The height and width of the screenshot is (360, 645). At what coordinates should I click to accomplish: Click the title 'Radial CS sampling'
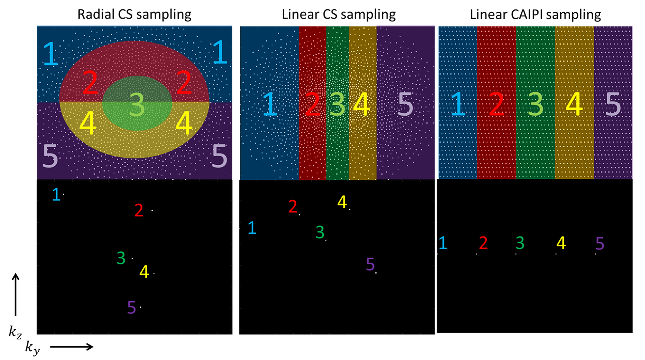(134, 14)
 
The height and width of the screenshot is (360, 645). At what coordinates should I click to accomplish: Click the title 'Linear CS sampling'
(339, 14)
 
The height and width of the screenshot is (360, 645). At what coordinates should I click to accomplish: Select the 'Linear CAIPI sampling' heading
(535, 14)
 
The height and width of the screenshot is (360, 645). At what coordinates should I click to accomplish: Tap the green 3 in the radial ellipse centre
(137, 104)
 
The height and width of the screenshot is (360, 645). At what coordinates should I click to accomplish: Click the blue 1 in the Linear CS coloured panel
(270, 104)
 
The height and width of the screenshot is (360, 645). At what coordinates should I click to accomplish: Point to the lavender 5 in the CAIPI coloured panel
(613, 104)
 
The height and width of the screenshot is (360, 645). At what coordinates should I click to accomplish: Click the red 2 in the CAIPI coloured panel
(497, 104)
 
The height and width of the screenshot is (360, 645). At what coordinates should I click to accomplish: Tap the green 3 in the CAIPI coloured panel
(535, 104)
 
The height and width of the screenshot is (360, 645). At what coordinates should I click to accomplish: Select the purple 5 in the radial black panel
(132, 307)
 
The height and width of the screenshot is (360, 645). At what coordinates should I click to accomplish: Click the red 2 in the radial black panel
(139, 210)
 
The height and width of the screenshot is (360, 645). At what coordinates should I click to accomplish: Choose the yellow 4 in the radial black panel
(144, 272)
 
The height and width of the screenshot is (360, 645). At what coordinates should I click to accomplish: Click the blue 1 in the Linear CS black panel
(252, 228)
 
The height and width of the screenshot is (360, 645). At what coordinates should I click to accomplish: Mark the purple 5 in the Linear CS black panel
(370, 264)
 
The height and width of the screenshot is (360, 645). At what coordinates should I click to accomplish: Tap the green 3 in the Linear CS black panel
(320, 232)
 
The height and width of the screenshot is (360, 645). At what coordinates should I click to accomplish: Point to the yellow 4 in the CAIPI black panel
(561, 243)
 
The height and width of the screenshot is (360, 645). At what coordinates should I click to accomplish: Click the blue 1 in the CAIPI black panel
(443, 243)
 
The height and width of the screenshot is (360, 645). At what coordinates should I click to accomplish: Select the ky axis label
(33, 347)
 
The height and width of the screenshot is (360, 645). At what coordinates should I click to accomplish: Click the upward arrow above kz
(16, 295)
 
